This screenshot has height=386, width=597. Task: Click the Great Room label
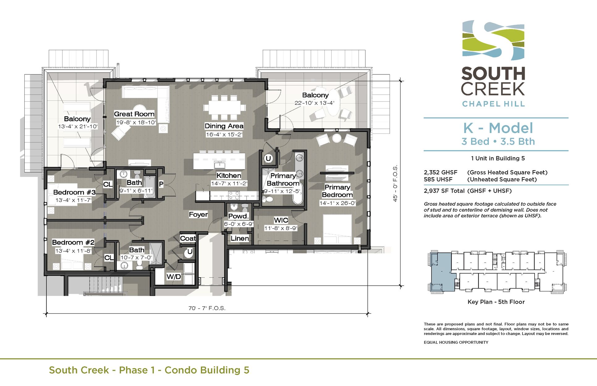134,114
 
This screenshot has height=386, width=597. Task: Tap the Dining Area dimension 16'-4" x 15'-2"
224,134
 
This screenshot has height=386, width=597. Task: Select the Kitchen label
229,175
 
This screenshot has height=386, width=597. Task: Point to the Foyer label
198,214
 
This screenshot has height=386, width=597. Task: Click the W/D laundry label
174,276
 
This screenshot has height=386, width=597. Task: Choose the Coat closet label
188,238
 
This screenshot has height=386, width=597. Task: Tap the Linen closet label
239,238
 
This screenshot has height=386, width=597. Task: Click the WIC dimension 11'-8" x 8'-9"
281,228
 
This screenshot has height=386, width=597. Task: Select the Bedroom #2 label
73,242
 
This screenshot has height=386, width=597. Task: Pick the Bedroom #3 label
74,192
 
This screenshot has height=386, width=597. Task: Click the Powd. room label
238,216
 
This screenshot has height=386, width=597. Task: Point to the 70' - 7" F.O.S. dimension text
207,308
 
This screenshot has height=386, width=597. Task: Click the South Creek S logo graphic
493,40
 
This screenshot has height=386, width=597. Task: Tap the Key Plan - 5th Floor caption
496,302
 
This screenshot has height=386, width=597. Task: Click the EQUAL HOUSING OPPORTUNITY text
456,342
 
